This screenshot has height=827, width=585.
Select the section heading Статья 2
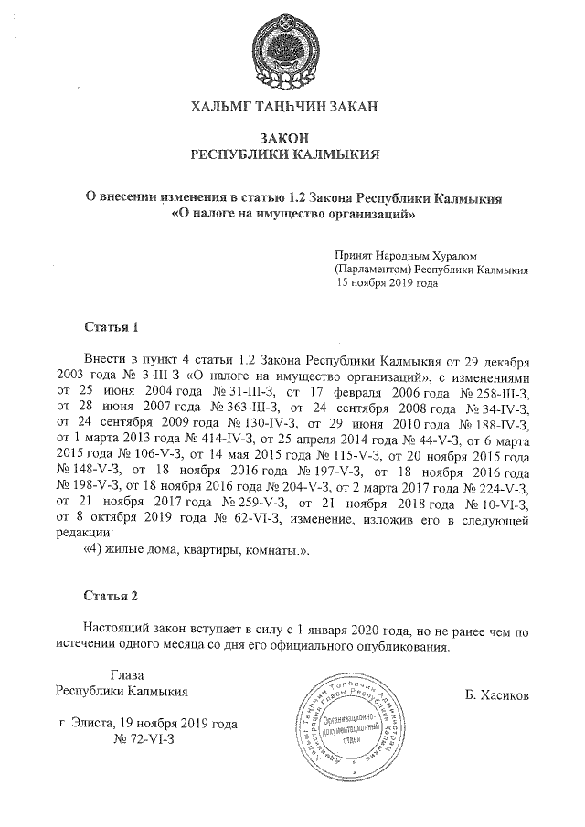click(111, 596)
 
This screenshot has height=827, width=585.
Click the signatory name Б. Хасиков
click(496, 694)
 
